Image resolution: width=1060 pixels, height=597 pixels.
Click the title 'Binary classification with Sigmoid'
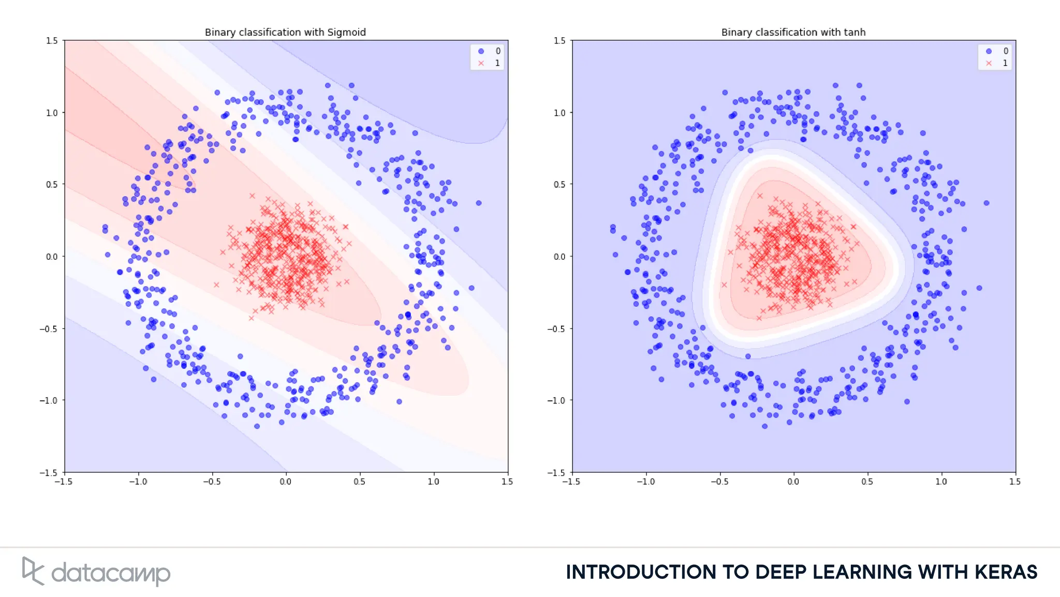[285, 32]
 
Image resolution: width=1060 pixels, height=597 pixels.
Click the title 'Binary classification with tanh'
[793, 32]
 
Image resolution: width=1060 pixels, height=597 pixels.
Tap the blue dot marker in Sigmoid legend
[481, 51]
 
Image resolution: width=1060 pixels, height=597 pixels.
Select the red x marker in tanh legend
[989, 63]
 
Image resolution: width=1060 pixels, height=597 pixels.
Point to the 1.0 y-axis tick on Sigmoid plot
[52, 113]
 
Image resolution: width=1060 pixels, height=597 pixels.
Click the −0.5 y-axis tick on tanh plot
[557, 329]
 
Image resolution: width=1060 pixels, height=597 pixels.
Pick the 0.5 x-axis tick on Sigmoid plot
[359, 482]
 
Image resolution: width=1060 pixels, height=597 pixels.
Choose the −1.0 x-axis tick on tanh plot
[645, 482]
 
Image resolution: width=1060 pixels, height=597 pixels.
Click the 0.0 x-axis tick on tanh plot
[793, 482]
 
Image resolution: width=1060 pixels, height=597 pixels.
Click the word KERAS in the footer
[1006, 572]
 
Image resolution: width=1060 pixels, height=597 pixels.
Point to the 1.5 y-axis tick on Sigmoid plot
[52, 40]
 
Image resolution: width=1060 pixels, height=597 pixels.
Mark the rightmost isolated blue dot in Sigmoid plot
[479, 203]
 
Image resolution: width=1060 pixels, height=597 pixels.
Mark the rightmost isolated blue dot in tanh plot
[987, 203]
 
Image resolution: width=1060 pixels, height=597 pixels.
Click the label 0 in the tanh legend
[1006, 51]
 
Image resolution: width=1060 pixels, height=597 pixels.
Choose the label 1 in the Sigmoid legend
[497, 63]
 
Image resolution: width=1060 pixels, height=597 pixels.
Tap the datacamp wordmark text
[111, 573]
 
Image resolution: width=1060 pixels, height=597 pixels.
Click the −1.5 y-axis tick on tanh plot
[557, 473]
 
